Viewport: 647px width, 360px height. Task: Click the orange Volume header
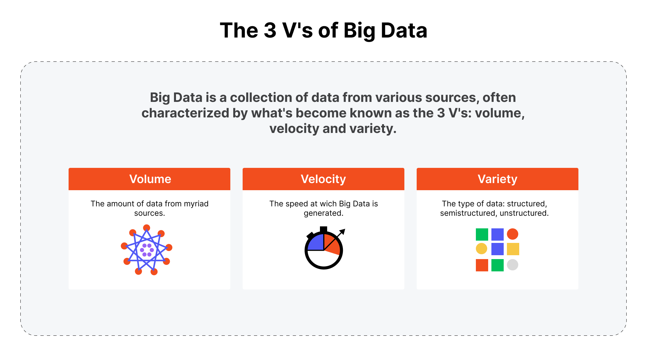coord(149,179)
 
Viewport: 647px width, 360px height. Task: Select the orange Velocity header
coord(323,179)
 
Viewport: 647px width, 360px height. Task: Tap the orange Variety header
coord(498,179)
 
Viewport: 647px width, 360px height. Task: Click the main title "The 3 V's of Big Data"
coord(323,30)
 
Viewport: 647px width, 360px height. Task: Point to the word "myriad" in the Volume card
coord(196,204)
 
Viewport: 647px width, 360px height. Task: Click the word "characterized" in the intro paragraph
coord(185,113)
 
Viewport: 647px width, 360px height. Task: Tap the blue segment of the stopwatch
coord(316,242)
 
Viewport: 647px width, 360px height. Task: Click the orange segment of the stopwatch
coord(331,244)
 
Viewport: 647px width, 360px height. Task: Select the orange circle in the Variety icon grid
coord(512,234)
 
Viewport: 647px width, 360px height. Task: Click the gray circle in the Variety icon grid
coord(512,265)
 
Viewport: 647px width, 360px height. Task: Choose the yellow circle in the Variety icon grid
coord(481,249)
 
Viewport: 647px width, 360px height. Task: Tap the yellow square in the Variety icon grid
coord(513,249)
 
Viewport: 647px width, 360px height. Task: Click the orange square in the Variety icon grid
coord(482,265)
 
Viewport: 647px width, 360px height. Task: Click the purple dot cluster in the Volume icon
coord(147,250)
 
